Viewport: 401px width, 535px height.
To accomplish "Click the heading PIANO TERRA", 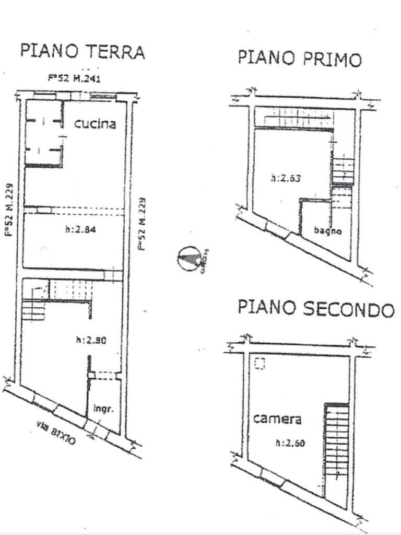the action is point(82,51).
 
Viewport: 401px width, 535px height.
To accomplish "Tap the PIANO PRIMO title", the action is point(299,58).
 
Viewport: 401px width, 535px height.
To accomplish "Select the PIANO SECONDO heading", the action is point(315,308).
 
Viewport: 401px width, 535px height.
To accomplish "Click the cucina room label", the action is point(95,124).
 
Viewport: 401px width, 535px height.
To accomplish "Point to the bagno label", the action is point(328,230).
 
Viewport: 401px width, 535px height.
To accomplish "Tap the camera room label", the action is point(277,418).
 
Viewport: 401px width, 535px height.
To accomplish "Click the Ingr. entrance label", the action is point(103,409).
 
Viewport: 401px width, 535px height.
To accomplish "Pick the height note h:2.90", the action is point(91,340).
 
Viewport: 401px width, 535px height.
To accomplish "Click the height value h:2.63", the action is point(286,178).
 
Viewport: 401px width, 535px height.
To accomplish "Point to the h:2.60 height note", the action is point(290,444).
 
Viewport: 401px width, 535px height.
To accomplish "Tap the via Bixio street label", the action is point(56,433).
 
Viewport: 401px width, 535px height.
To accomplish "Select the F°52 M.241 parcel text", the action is point(74,78).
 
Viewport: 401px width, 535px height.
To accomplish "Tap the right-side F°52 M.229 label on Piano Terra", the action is point(141,223).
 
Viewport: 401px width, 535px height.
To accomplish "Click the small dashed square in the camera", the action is point(260,363).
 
